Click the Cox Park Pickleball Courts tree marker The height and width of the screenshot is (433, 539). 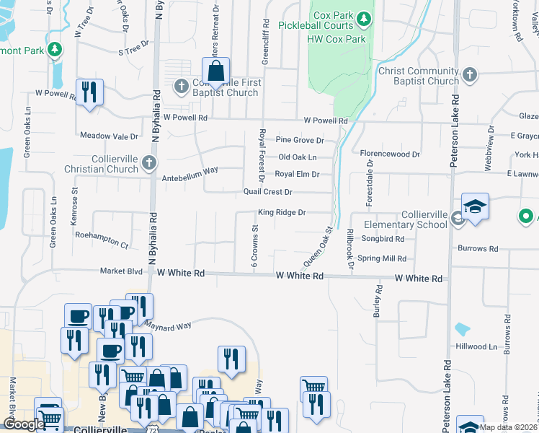(365, 17)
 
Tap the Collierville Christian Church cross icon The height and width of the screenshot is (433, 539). (148, 162)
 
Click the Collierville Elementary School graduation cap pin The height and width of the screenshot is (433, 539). (475, 207)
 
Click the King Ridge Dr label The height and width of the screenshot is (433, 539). (282, 212)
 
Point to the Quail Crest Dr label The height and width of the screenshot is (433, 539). (267, 192)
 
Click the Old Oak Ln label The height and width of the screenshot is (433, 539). (297, 157)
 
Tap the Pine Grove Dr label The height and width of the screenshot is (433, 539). (300, 140)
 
